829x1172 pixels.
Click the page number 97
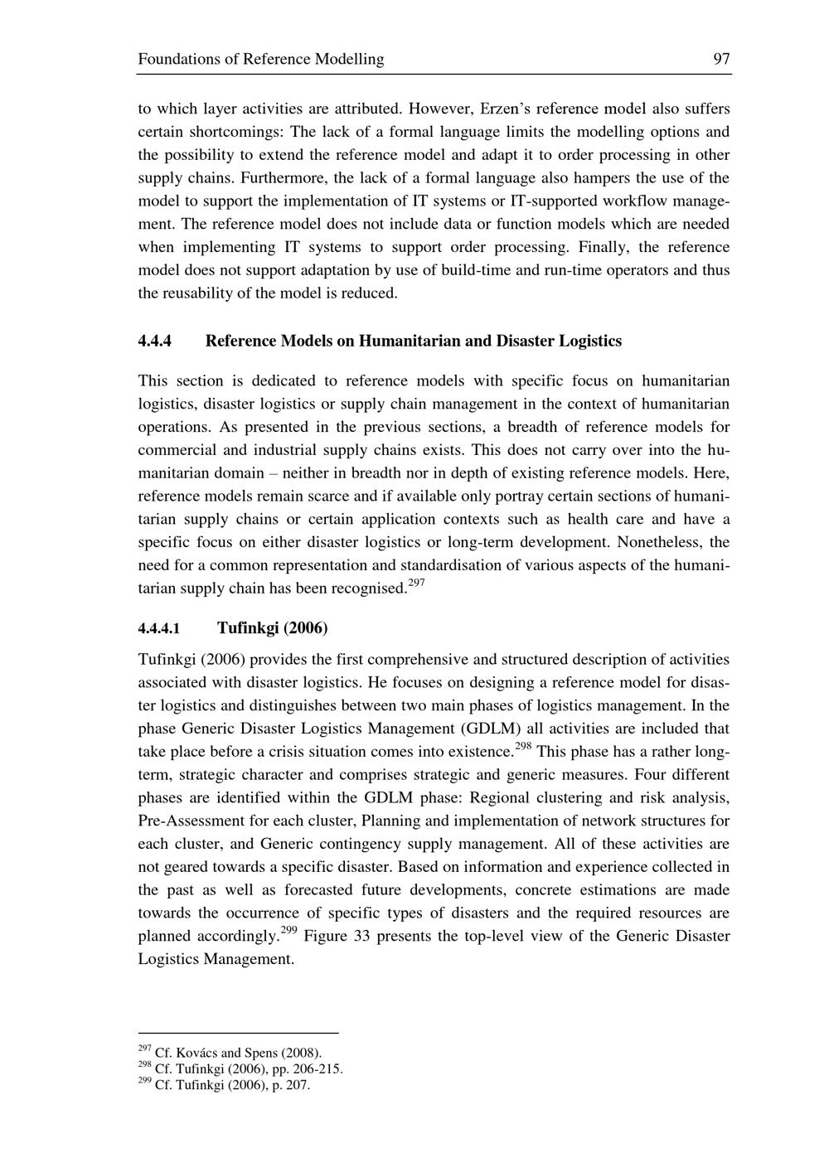pos(721,59)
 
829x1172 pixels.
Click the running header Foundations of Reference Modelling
pos(260,59)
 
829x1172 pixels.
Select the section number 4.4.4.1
pos(159,628)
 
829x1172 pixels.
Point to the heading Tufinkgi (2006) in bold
pos(273,627)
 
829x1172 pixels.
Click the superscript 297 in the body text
pos(416,584)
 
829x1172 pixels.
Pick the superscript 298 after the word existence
pos(523,747)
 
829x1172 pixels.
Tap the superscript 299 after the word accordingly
pos(288,931)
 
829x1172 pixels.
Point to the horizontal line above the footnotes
pos(238,1034)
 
